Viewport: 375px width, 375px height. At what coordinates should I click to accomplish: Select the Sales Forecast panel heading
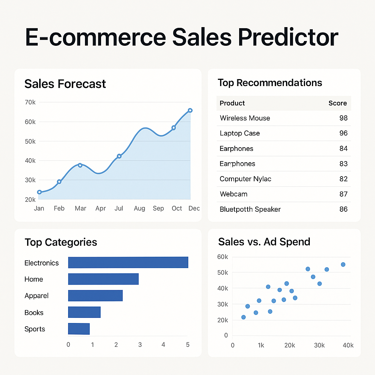[x=65, y=84]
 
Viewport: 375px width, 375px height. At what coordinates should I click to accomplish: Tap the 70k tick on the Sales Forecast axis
[x=30, y=102]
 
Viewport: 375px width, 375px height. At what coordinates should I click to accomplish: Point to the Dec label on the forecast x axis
[x=194, y=208]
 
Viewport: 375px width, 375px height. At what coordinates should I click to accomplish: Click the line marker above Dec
[x=190, y=110]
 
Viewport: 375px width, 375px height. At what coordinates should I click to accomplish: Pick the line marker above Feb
[x=59, y=182]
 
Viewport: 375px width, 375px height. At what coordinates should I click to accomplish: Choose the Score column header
[x=337, y=103]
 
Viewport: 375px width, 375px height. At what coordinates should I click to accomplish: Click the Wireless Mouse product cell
[x=245, y=118]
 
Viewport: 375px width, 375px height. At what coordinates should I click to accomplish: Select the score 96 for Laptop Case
[x=343, y=133]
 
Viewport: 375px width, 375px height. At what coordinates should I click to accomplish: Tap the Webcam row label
[x=234, y=194]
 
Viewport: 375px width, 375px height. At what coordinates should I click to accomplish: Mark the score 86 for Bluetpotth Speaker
[x=343, y=209]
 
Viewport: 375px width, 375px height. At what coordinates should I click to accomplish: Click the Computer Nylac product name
[x=245, y=179]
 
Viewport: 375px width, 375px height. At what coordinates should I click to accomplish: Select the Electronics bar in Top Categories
[x=128, y=263]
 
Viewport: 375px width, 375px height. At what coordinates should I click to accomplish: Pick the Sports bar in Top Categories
[x=79, y=329]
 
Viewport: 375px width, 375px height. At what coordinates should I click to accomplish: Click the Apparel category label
[x=37, y=296]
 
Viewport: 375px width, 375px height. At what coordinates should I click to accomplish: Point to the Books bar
[x=84, y=312]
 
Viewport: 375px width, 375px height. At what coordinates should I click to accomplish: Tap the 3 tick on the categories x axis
[x=140, y=345]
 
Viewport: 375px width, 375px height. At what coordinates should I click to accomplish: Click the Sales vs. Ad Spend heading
[x=264, y=242]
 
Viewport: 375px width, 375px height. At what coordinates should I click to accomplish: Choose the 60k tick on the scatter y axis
[x=222, y=257]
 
